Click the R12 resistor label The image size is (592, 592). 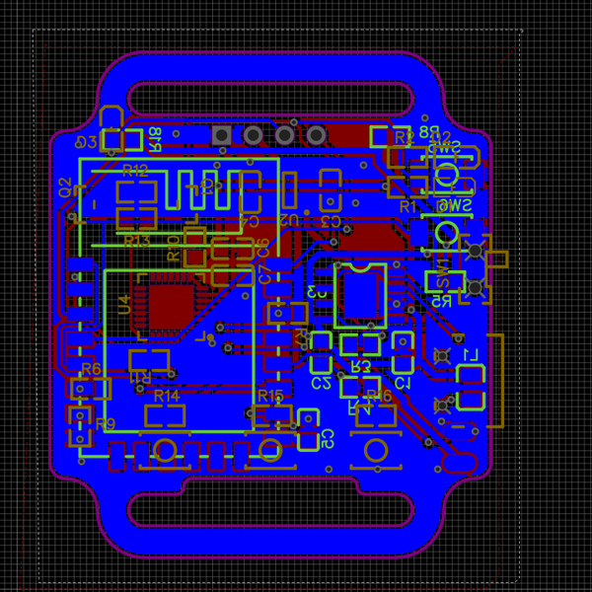pos(135,171)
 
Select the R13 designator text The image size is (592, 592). pos(137,241)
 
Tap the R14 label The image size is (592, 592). pos(167,396)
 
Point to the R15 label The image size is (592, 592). pos(269,396)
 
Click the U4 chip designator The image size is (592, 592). pos(124,304)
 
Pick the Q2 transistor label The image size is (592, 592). pos(65,187)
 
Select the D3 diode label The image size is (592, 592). pos(87,142)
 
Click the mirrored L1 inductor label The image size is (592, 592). pos(470,355)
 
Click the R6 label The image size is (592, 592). pos(91,369)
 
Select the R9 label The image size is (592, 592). pos(106,424)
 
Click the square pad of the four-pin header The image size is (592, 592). pos(222,134)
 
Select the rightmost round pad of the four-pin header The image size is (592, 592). pos(316,134)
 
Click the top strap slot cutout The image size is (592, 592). pos(269,98)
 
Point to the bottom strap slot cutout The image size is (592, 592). pos(269,509)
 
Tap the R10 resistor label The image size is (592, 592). pos(175,248)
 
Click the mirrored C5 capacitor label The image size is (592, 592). pos(328,435)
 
